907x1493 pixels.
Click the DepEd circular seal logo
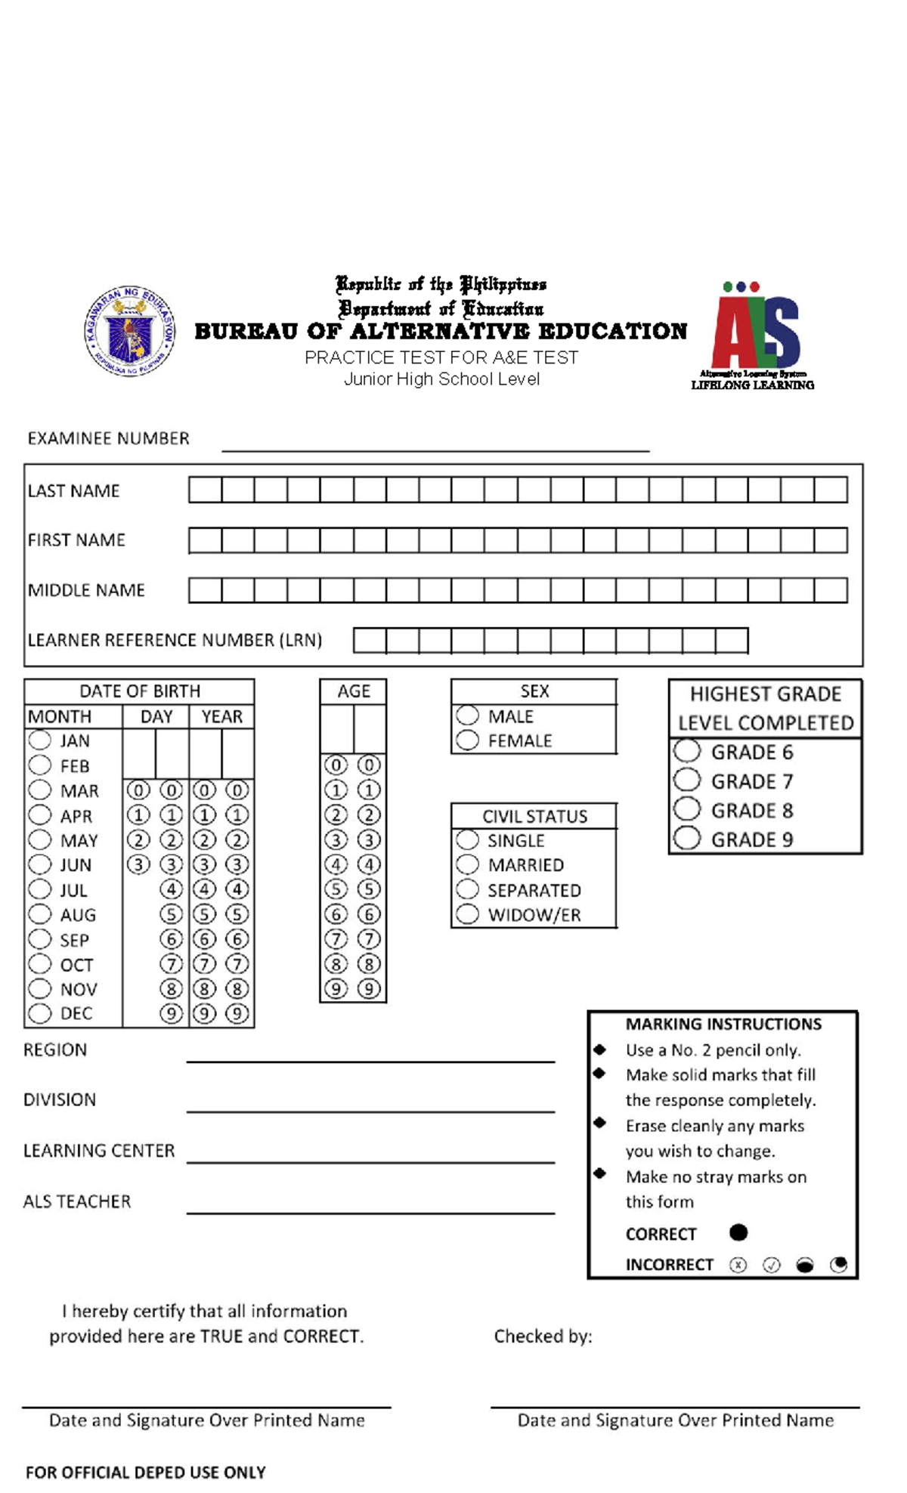click(130, 331)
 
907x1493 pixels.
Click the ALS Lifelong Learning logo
click(754, 335)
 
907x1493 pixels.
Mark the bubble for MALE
click(467, 715)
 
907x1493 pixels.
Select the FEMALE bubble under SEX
click(467, 740)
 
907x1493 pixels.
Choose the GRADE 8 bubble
click(687, 809)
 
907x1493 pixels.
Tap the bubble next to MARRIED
click(467, 864)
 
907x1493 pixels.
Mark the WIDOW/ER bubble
click(467, 914)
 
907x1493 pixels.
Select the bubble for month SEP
click(39, 939)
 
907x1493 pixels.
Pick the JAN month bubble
click(39, 740)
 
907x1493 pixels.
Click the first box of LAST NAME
click(205, 490)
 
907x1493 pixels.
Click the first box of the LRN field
click(370, 640)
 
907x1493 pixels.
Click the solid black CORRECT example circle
click(738, 1232)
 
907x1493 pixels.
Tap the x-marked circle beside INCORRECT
click(738, 1265)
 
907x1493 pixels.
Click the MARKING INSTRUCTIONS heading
click(723, 1024)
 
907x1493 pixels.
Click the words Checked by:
click(543, 1336)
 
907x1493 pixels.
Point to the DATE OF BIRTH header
click(140, 691)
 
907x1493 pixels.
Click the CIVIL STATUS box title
click(534, 816)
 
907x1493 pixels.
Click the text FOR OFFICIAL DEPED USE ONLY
click(145, 1472)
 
